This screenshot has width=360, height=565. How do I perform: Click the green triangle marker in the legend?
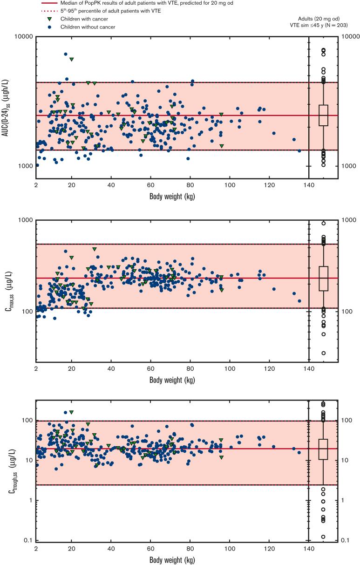[x=49, y=19]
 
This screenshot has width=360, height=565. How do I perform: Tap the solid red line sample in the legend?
[x=49, y=2]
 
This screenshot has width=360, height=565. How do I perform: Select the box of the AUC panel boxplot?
[x=323, y=115]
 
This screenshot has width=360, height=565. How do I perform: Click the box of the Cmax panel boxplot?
[x=323, y=279]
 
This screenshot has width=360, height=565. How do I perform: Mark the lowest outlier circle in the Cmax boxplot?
[x=323, y=353]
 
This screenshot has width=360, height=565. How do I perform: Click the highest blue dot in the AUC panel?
[x=66, y=54]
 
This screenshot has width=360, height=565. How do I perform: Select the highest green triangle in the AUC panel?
[x=71, y=60]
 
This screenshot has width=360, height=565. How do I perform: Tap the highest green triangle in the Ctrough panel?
[x=71, y=412]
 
